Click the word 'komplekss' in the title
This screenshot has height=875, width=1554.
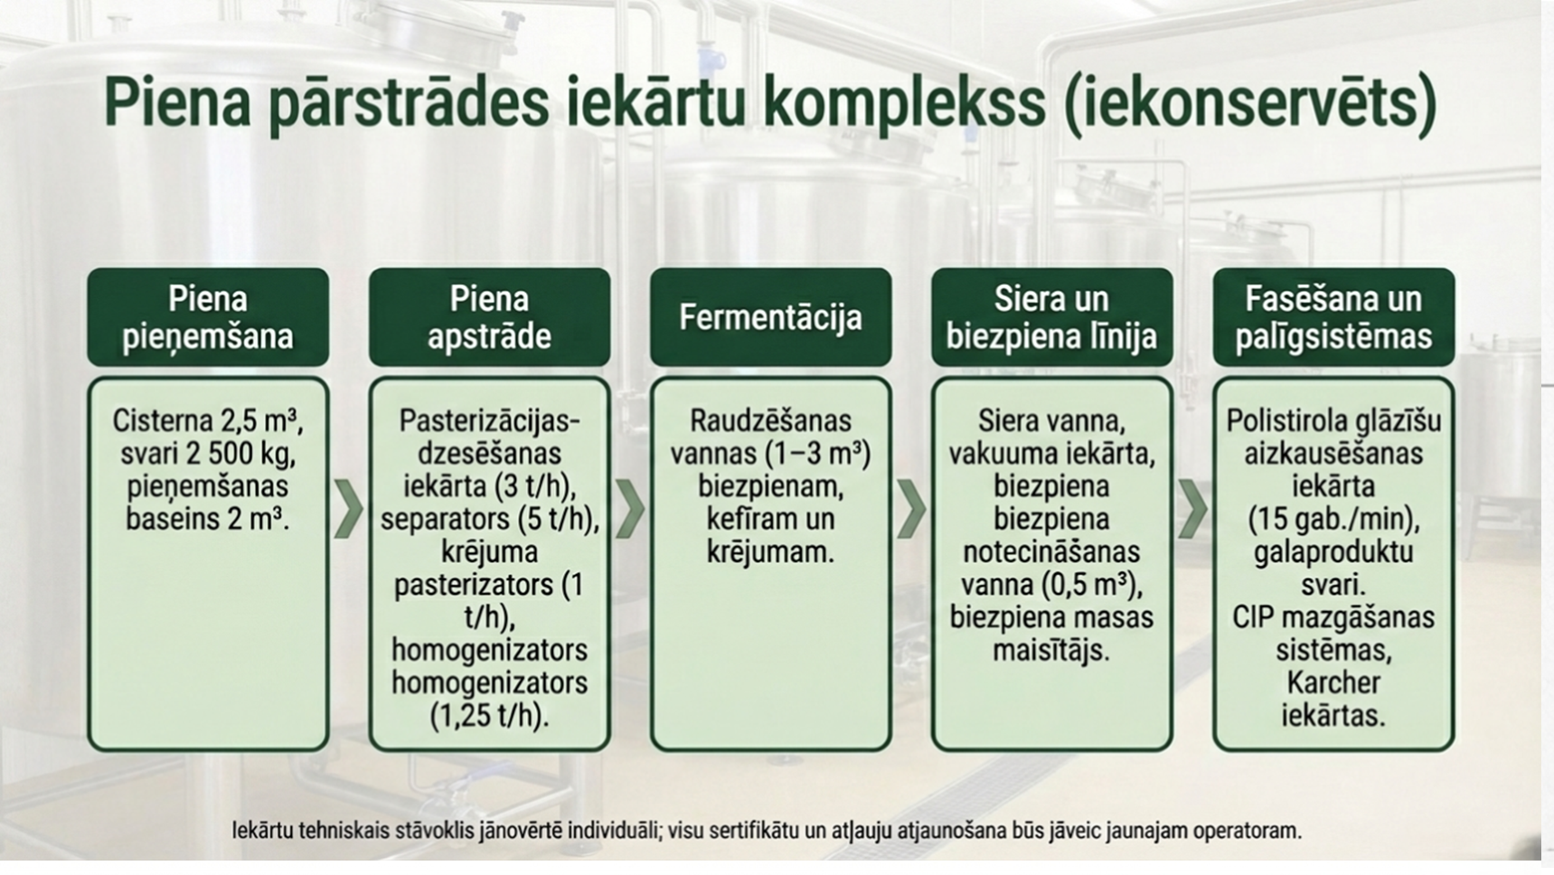(904, 102)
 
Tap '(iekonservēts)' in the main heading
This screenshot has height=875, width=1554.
(1251, 102)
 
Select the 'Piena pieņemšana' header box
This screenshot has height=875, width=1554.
(208, 317)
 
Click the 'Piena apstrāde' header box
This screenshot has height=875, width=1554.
(489, 317)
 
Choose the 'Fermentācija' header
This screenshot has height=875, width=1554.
(770, 317)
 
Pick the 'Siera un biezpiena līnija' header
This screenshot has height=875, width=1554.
(1051, 317)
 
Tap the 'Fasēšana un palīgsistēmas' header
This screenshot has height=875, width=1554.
(1333, 317)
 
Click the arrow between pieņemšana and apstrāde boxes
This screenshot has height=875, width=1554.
(348, 510)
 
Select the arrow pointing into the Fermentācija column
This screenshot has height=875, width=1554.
(630, 510)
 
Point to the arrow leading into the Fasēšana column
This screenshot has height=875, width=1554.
(1193, 510)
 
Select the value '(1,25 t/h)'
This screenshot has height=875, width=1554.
(489, 716)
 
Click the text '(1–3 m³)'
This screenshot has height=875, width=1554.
(817, 454)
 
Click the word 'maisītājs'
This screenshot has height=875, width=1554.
(1050, 650)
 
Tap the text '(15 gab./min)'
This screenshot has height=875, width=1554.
(1333, 519)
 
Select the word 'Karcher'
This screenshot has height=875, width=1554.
(1333, 682)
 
